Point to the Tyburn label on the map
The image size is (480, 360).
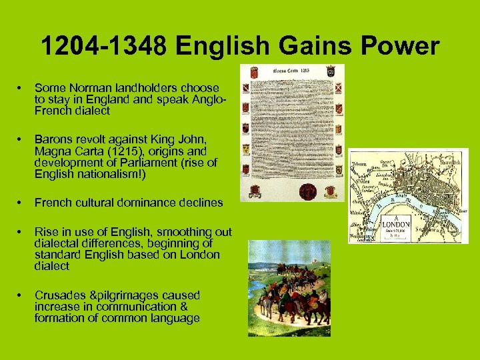click(360, 161)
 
